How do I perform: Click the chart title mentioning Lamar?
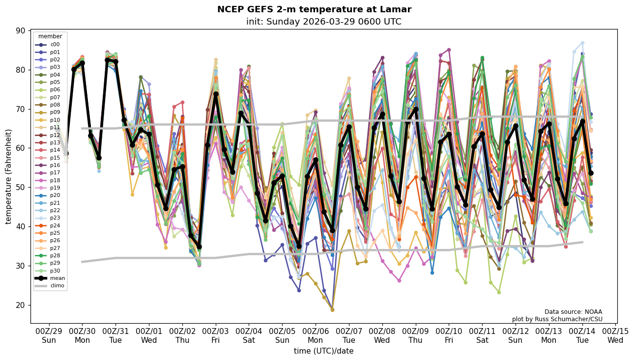[314, 9]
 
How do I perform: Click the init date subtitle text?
[323, 22]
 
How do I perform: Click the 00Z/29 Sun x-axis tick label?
[49, 335]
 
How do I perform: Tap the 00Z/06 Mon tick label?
[316, 335]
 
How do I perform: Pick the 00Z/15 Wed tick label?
[615, 335]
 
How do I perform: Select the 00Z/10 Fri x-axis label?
[449, 335]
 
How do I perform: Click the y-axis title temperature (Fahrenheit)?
[9, 176]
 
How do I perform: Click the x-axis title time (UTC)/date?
[323, 351]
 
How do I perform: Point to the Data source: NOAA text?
[573, 312]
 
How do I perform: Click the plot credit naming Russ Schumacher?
[557, 319]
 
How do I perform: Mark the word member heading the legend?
[50, 36]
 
